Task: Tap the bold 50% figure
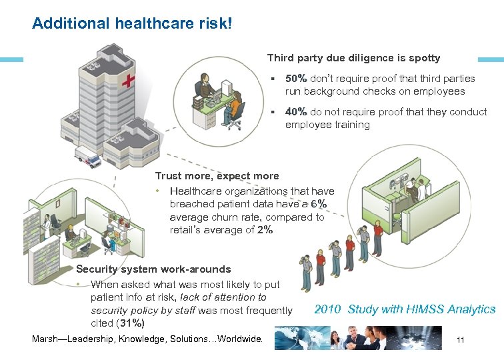(296, 79)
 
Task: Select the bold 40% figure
(296, 112)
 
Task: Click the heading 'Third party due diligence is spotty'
(353, 59)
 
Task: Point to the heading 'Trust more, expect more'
(217, 176)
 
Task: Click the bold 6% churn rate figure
(319, 204)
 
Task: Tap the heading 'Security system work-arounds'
(153, 269)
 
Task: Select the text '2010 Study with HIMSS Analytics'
(405, 309)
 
